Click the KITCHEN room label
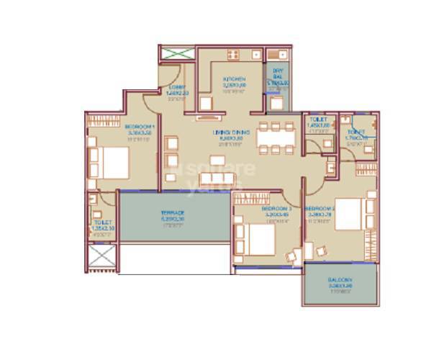(x=234, y=79)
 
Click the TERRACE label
(x=173, y=213)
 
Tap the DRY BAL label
(x=277, y=75)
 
